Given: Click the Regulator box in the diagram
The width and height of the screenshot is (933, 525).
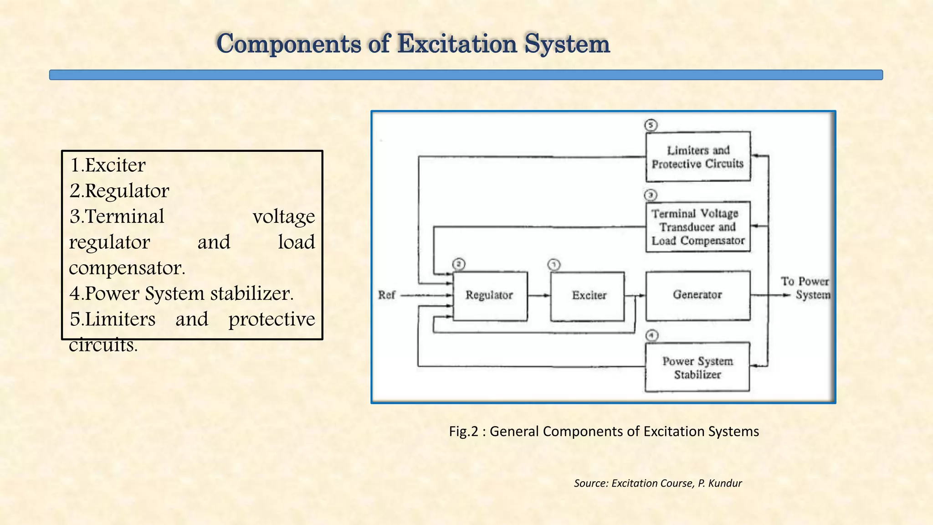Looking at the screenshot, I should [490, 296].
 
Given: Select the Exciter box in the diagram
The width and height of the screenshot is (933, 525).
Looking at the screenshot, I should [588, 296].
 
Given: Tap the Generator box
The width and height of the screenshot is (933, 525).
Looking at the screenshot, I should [697, 295].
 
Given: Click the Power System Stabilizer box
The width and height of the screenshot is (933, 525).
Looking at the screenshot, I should [697, 367].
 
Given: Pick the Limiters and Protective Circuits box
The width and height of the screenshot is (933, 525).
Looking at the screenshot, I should [697, 157].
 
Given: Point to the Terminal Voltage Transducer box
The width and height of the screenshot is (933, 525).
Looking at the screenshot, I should [697, 227].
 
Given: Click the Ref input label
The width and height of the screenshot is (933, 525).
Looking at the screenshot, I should [386, 295].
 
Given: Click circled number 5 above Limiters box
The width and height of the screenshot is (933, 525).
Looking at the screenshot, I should [651, 125].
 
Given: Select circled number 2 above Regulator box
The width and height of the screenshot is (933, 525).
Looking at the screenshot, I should [459, 264].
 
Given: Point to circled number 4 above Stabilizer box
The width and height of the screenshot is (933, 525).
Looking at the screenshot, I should [652, 335].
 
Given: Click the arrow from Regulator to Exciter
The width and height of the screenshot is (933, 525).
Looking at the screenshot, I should [539, 296].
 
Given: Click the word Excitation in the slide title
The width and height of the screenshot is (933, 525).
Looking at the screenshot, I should [457, 44].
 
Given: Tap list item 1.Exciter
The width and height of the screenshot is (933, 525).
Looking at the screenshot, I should [108, 165].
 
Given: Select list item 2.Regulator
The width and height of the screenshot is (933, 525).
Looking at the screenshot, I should [119, 190].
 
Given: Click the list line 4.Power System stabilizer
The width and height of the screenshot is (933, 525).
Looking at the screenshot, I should [181, 293].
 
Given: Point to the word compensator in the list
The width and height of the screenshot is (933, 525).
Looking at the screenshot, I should [127, 268].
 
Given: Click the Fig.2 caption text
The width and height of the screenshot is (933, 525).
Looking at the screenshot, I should [604, 431].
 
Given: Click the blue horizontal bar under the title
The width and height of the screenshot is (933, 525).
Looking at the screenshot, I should [466, 75].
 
